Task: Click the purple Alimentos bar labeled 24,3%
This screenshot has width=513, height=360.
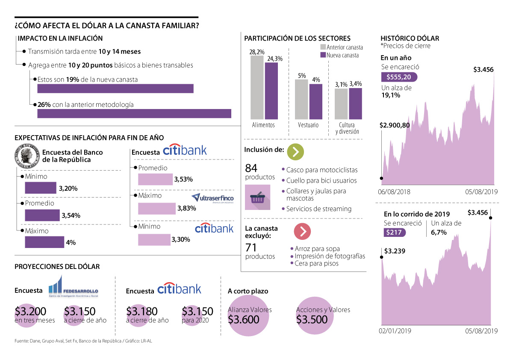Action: click(x=271, y=91)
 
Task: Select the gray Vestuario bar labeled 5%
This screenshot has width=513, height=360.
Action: click(x=301, y=99)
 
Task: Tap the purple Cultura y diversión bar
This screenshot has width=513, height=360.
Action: click(x=355, y=103)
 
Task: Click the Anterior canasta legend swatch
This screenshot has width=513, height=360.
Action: click(x=323, y=47)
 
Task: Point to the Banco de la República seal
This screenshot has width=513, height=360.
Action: click(x=27, y=156)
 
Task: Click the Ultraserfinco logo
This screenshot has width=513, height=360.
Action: click(x=212, y=198)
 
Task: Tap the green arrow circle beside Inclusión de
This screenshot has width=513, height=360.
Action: click(x=295, y=152)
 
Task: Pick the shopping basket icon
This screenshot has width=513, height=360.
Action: click(x=257, y=198)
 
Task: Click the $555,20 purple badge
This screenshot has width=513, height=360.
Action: click(x=399, y=77)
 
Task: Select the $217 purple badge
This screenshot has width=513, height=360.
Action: click(x=394, y=233)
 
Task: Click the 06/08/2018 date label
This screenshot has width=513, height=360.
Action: click(x=394, y=192)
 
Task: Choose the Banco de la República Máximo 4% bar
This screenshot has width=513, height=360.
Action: click(x=44, y=242)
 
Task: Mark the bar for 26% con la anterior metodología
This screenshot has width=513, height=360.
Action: click(x=134, y=113)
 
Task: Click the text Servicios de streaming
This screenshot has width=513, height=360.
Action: click(x=318, y=209)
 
